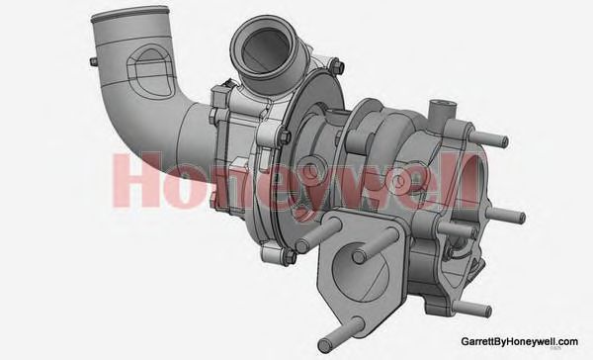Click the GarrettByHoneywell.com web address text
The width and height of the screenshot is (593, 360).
[519, 340]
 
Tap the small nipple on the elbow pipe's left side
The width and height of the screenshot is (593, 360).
[94, 62]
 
